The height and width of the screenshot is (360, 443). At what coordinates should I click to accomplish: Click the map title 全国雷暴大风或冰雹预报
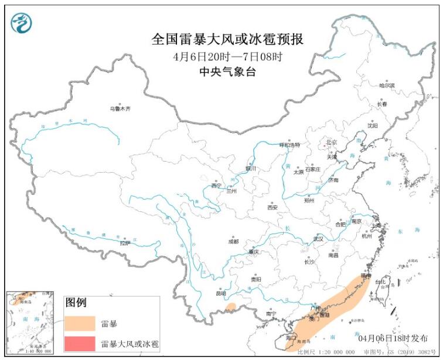[x=227, y=40]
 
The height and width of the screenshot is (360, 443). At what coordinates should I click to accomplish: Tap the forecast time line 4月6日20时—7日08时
[x=227, y=57]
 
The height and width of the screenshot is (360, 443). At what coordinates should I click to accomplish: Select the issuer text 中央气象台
[x=227, y=72]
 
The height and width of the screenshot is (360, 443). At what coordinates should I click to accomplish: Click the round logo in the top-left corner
[x=22, y=22]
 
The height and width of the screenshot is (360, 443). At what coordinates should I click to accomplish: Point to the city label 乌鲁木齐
[x=120, y=109]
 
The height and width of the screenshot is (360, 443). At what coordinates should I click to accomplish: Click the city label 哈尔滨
[x=386, y=85]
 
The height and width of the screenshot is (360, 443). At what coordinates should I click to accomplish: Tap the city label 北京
[x=332, y=142]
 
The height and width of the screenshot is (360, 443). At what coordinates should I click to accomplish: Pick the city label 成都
[x=233, y=241]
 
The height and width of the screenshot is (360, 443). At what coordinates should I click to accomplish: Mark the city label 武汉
[x=318, y=239]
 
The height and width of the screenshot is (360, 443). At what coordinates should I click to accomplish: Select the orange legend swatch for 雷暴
[x=80, y=324]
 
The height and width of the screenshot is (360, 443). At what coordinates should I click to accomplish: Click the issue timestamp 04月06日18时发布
[x=394, y=338]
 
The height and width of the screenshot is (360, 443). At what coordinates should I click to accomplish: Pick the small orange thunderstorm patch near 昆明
[x=231, y=307]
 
